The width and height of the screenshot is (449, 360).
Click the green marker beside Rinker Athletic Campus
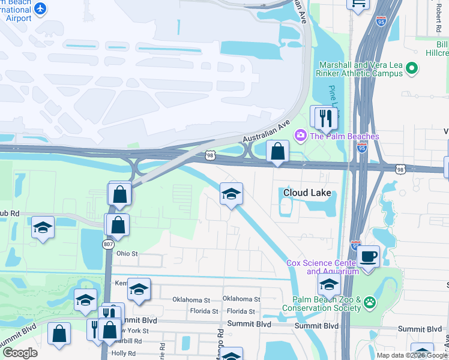pyautogui.click(x=412, y=69)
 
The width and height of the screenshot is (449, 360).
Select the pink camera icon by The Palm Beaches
pyautogui.click(x=300, y=136)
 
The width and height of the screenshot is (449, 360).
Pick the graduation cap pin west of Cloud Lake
pyautogui.click(x=231, y=194)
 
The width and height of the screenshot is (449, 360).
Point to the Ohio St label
pyautogui.click(x=127, y=254)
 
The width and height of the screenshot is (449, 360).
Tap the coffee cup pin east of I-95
pyautogui.click(x=368, y=256)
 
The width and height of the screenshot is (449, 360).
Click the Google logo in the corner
pyautogui.click(x=20, y=352)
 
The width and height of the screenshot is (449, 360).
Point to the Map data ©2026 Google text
pyautogui.click(x=412, y=355)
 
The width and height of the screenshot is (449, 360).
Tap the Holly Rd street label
pyautogui.click(x=124, y=353)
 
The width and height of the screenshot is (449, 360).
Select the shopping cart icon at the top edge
pyautogui.click(x=358, y=4)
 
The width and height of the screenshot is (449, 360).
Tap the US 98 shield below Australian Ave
pyautogui.click(x=209, y=155)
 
